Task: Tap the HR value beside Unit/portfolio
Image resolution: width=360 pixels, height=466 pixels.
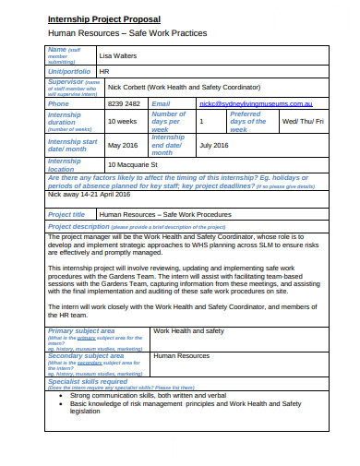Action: (103, 71)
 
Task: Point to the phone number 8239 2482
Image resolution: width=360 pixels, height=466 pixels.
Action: (125, 104)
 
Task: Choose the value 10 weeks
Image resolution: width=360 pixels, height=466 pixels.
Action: (124, 121)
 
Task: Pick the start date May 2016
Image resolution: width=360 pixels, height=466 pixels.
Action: (123, 145)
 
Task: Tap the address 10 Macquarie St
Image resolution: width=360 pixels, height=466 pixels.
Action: (138, 164)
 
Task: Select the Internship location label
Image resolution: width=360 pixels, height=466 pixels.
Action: (70, 164)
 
